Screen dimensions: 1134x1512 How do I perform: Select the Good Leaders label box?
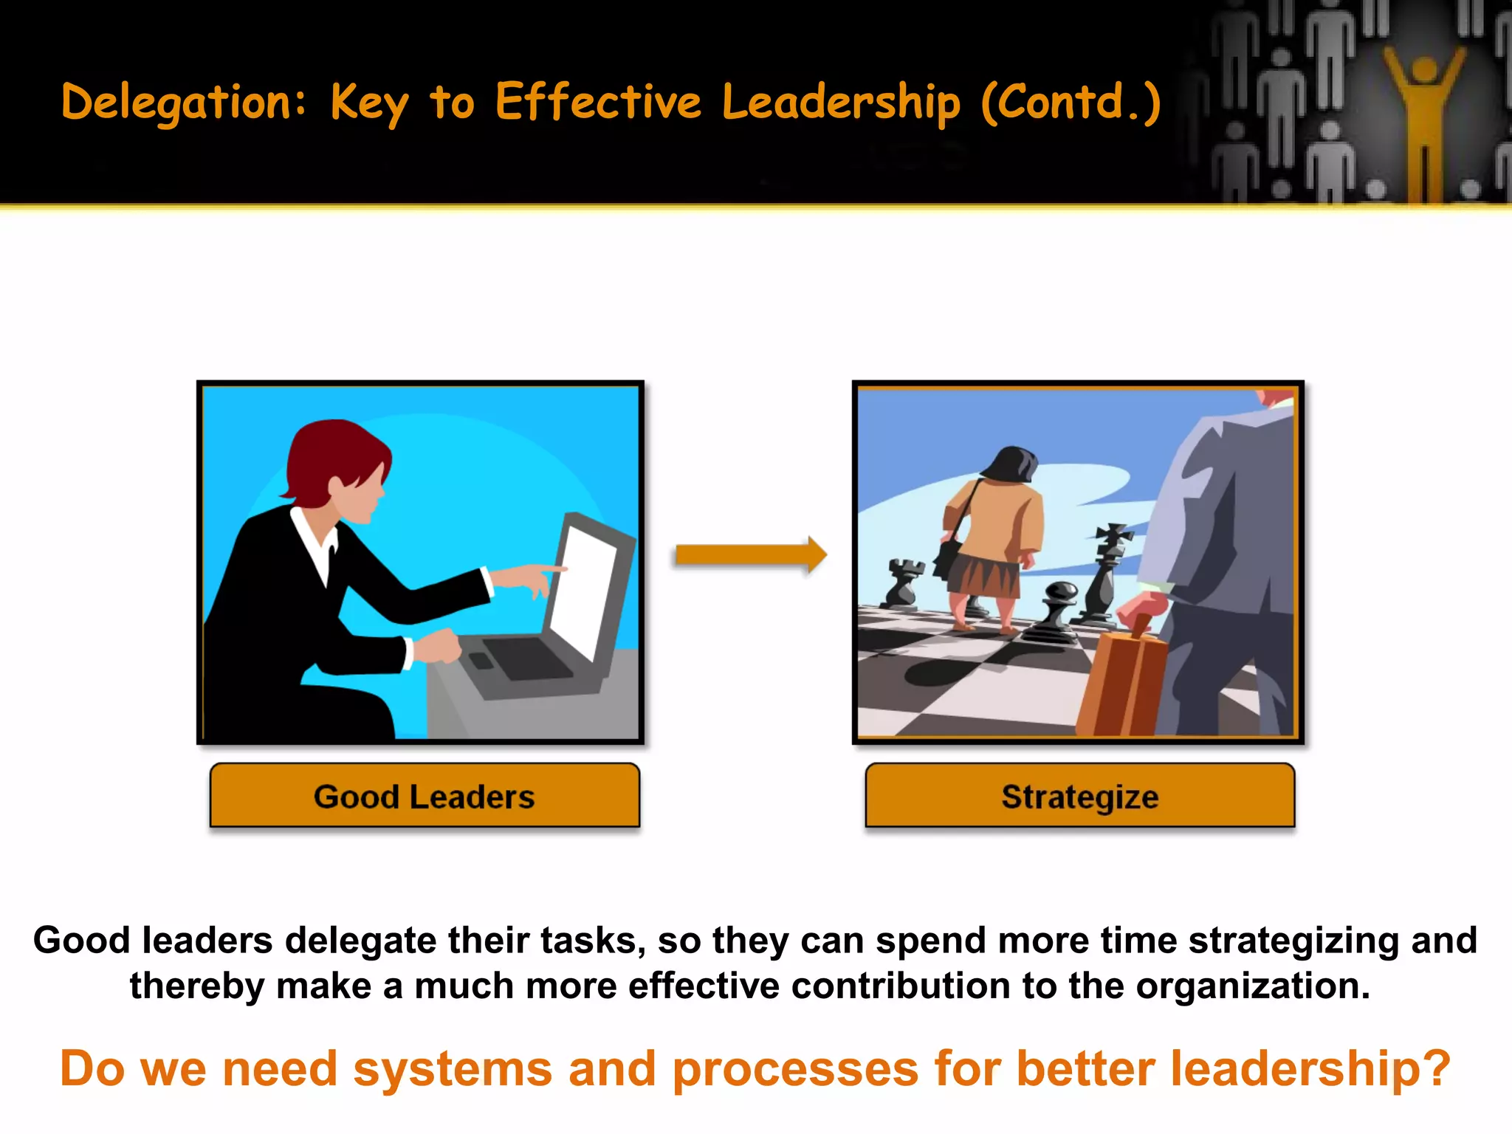coord(425,796)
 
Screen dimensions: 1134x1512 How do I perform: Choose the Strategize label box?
coord(1079,796)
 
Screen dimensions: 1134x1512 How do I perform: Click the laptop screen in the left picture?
coord(583,591)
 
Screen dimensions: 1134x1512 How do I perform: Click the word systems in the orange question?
coord(453,1069)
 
